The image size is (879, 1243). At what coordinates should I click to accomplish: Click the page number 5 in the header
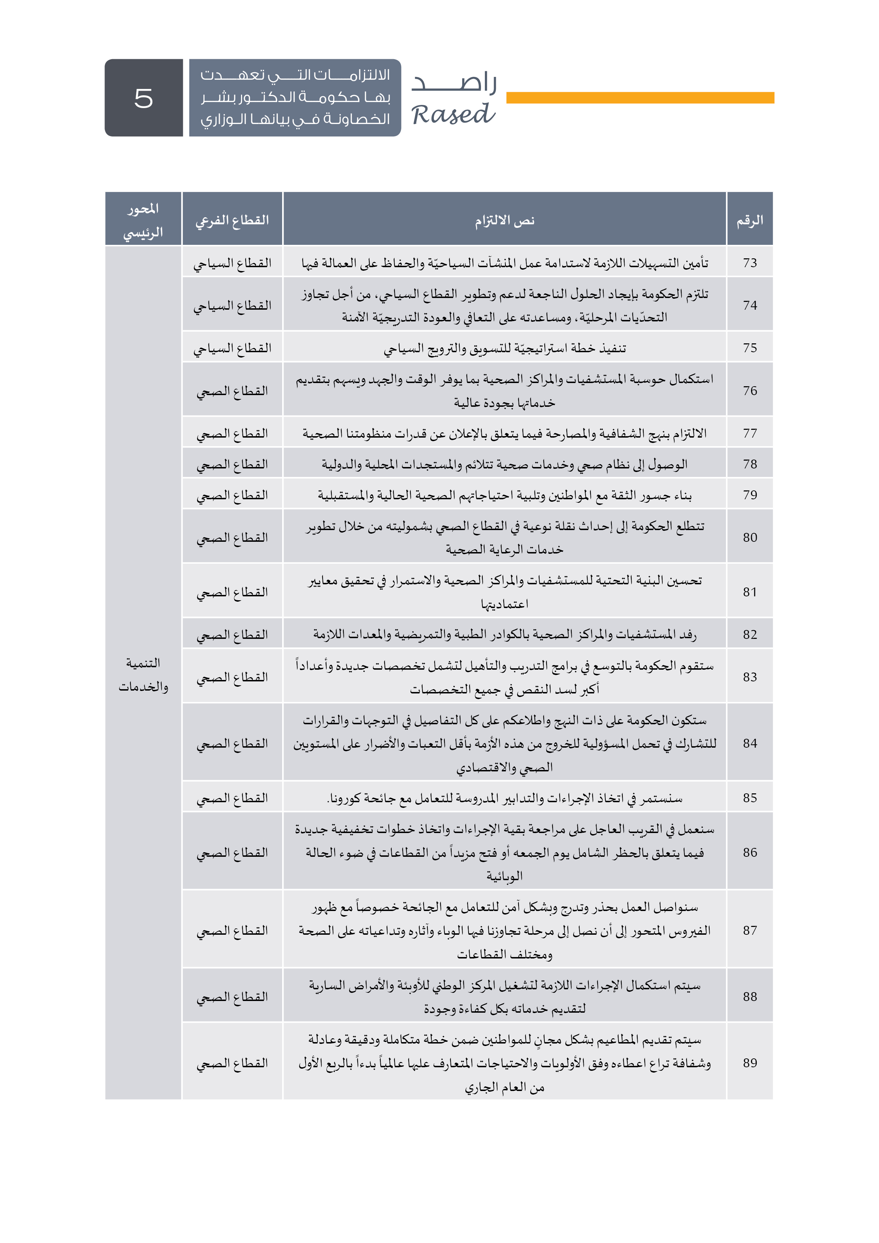(144, 98)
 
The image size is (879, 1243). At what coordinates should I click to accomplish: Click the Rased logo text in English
(453, 114)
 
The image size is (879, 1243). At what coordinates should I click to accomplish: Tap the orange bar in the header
(640, 97)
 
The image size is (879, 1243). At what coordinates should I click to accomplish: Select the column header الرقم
(750, 220)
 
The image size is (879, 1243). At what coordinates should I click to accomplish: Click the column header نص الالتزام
(504, 220)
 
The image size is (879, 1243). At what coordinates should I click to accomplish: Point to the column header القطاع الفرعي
(233, 220)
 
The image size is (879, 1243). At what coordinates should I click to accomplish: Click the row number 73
(750, 263)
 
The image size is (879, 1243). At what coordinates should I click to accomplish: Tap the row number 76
(750, 391)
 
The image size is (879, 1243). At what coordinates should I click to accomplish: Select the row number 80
(750, 538)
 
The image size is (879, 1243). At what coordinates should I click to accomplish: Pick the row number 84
(750, 743)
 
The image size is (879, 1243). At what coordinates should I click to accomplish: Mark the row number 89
(750, 1063)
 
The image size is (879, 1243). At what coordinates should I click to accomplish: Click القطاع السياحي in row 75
(233, 348)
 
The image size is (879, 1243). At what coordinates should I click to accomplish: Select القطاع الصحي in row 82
(233, 635)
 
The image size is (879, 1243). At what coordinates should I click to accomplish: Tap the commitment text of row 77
(504, 434)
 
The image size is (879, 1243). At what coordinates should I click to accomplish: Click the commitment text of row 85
(504, 798)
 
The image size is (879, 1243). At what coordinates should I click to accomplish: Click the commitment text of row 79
(504, 495)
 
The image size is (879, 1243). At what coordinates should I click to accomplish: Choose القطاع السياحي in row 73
(233, 263)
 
